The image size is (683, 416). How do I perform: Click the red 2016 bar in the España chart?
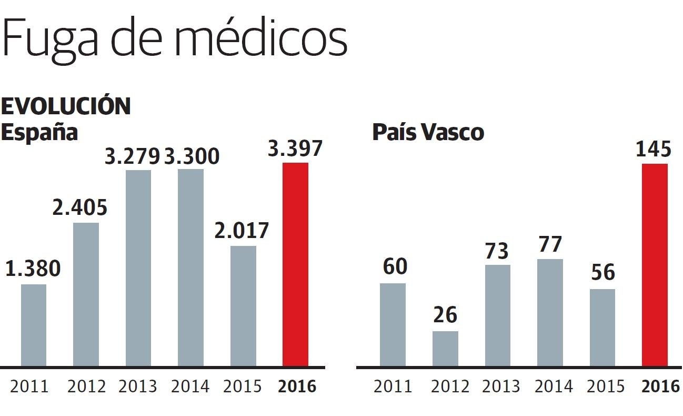coord(295,264)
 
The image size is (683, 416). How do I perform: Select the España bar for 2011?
coord(34,325)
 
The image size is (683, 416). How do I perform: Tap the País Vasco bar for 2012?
coord(445,349)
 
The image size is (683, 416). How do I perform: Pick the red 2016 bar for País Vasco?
coord(655,265)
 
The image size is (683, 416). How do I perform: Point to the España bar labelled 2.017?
coord(243,306)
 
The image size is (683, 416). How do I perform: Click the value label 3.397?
coord(295,149)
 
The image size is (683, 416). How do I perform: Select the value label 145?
coord(654,150)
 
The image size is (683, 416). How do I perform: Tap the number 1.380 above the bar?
coord(33,269)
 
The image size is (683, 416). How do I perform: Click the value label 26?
coord(445,315)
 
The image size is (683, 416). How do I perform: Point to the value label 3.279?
coord(132,156)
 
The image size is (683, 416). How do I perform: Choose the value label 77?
coord(550,244)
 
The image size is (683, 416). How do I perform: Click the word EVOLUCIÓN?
coord(66,107)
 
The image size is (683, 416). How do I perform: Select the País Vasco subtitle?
coord(428,132)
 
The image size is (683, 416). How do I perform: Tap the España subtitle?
coord(39,132)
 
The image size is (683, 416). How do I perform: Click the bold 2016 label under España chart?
coord(297,387)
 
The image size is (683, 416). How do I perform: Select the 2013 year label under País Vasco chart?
coord(501,387)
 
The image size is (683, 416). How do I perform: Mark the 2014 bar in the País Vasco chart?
coord(550,313)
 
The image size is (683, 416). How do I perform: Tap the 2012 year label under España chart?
coord(86,387)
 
